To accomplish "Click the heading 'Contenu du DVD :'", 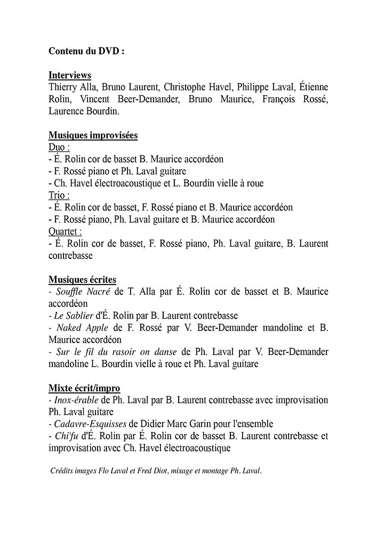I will pyautogui.click(x=86, y=51).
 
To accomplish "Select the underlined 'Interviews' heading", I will pyautogui.click(x=69, y=75).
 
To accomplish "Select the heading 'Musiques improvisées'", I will pyautogui.click(x=93, y=136).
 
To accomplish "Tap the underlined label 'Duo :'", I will pyautogui.click(x=59, y=147).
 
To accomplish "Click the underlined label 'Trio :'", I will pyautogui.click(x=59, y=195).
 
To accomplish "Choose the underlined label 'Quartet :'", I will pyautogui.click(x=65, y=232).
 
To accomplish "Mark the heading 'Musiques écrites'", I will pyautogui.click(x=82, y=280).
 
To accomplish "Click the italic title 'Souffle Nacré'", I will pyautogui.click(x=83, y=292).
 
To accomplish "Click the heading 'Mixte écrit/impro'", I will pyautogui.click(x=84, y=388).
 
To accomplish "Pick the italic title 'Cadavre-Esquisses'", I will pyautogui.click(x=90, y=424).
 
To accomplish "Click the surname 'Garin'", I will pyautogui.click(x=200, y=424).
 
